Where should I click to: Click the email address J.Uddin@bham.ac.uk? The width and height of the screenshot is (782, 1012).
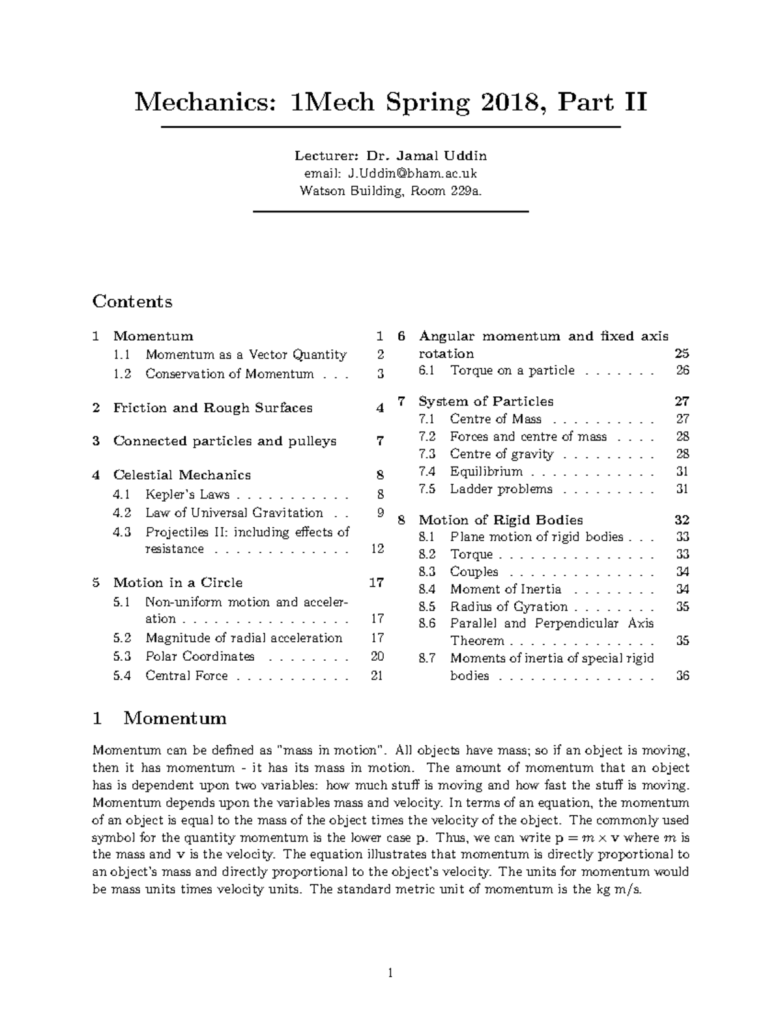tap(412, 173)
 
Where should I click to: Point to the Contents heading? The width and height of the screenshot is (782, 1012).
tap(132, 301)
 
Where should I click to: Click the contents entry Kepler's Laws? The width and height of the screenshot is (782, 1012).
tap(188, 495)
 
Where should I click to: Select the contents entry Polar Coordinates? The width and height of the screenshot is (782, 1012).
tap(200, 656)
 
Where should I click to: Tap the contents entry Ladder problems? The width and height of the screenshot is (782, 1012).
tap(501, 489)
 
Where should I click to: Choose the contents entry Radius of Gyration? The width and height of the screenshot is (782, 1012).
tap(509, 607)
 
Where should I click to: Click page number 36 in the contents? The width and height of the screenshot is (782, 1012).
tap(682, 676)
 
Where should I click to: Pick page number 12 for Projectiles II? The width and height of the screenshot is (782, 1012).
tap(377, 549)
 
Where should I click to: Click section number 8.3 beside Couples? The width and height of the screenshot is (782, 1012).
tap(427, 572)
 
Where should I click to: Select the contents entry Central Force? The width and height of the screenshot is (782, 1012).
tap(187, 676)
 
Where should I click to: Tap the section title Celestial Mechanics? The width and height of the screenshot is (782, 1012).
tap(182, 475)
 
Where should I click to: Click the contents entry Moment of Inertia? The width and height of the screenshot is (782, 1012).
tap(506, 589)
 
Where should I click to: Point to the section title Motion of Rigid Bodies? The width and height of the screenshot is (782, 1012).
tap(500, 520)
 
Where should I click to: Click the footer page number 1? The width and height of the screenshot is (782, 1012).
tap(390, 974)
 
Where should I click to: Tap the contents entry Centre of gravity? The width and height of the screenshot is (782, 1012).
tap(502, 454)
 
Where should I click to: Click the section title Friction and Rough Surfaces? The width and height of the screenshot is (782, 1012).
tap(213, 408)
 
